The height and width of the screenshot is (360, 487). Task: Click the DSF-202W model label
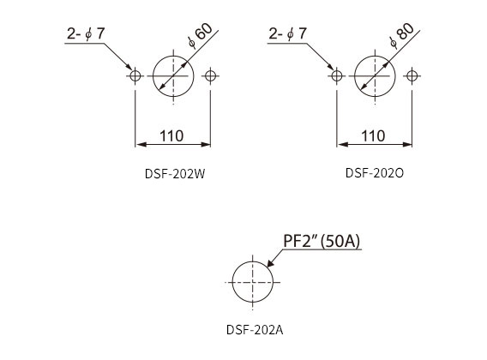click(175, 174)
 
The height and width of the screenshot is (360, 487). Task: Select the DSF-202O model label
click(375, 173)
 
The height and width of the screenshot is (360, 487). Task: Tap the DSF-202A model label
click(255, 330)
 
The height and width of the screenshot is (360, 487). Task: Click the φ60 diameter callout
click(200, 35)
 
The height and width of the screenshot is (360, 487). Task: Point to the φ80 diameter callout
click(401, 35)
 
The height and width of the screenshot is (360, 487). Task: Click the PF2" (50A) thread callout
click(322, 241)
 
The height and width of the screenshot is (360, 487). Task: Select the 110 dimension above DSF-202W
click(171, 136)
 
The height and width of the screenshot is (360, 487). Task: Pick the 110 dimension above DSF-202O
click(373, 136)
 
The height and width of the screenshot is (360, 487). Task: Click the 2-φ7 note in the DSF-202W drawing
click(86, 33)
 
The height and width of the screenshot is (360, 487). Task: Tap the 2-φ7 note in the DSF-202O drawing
click(287, 33)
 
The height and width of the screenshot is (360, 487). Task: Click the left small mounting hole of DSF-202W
click(135, 75)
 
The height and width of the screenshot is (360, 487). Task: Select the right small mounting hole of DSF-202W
click(211, 75)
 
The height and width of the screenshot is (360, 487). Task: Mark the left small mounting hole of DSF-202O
click(337, 75)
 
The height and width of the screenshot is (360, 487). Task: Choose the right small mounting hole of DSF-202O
click(412, 75)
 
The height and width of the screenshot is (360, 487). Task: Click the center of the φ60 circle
click(173, 76)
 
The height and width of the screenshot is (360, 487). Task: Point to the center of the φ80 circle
click(375, 76)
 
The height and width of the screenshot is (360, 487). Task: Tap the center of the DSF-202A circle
click(253, 282)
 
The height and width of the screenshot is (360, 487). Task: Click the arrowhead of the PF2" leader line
click(268, 267)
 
